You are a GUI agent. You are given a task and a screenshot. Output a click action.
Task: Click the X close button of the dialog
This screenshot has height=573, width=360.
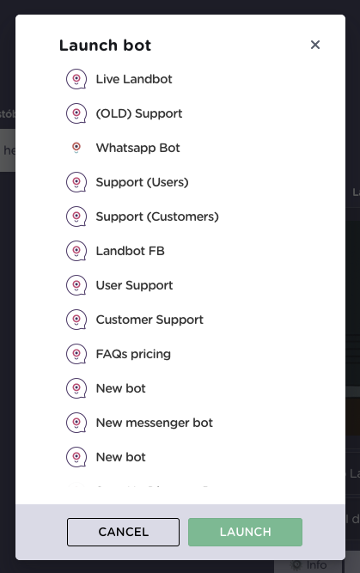tap(315, 45)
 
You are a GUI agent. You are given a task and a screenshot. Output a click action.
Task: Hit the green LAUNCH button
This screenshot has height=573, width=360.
tap(245, 532)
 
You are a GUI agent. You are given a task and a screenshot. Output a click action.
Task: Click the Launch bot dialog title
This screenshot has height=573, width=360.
tap(105, 46)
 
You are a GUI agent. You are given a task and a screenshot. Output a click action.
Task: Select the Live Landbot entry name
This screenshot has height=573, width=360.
tap(134, 79)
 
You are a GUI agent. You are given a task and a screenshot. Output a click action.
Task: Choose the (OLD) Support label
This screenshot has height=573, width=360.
tap(139, 113)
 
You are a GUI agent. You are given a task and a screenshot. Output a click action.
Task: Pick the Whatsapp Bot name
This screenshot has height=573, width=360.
tap(137, 148)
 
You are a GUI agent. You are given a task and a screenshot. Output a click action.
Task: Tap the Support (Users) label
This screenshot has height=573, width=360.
tap(142, 182)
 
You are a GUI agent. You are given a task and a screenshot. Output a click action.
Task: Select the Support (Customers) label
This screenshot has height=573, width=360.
tap(157, 216)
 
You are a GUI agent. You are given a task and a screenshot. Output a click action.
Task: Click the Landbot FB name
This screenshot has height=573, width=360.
tap(130, 251)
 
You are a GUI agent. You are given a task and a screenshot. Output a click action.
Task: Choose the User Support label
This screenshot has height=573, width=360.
tap(134, 285)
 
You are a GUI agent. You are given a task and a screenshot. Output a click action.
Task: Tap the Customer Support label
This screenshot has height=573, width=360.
tap(149, 320)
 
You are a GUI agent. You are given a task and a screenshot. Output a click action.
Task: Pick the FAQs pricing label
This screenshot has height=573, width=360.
tap(133, 354)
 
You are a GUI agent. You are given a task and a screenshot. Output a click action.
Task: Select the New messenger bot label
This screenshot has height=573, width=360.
tap(154, 423)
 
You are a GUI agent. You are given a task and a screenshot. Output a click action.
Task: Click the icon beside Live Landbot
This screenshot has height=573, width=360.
tap(76, 79)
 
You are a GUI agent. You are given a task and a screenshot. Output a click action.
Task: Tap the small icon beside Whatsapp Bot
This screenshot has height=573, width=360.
tap(76, 148)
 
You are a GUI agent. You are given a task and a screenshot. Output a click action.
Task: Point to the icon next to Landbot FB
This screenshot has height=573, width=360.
tap(76, 251)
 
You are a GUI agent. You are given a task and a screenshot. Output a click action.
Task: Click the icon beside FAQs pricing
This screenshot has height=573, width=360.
tap(76, 354)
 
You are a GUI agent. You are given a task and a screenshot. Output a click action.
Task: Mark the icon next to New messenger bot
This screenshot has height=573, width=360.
tap(76, 423)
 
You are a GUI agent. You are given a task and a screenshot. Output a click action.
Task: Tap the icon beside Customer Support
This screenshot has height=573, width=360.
tap(76, 320)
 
